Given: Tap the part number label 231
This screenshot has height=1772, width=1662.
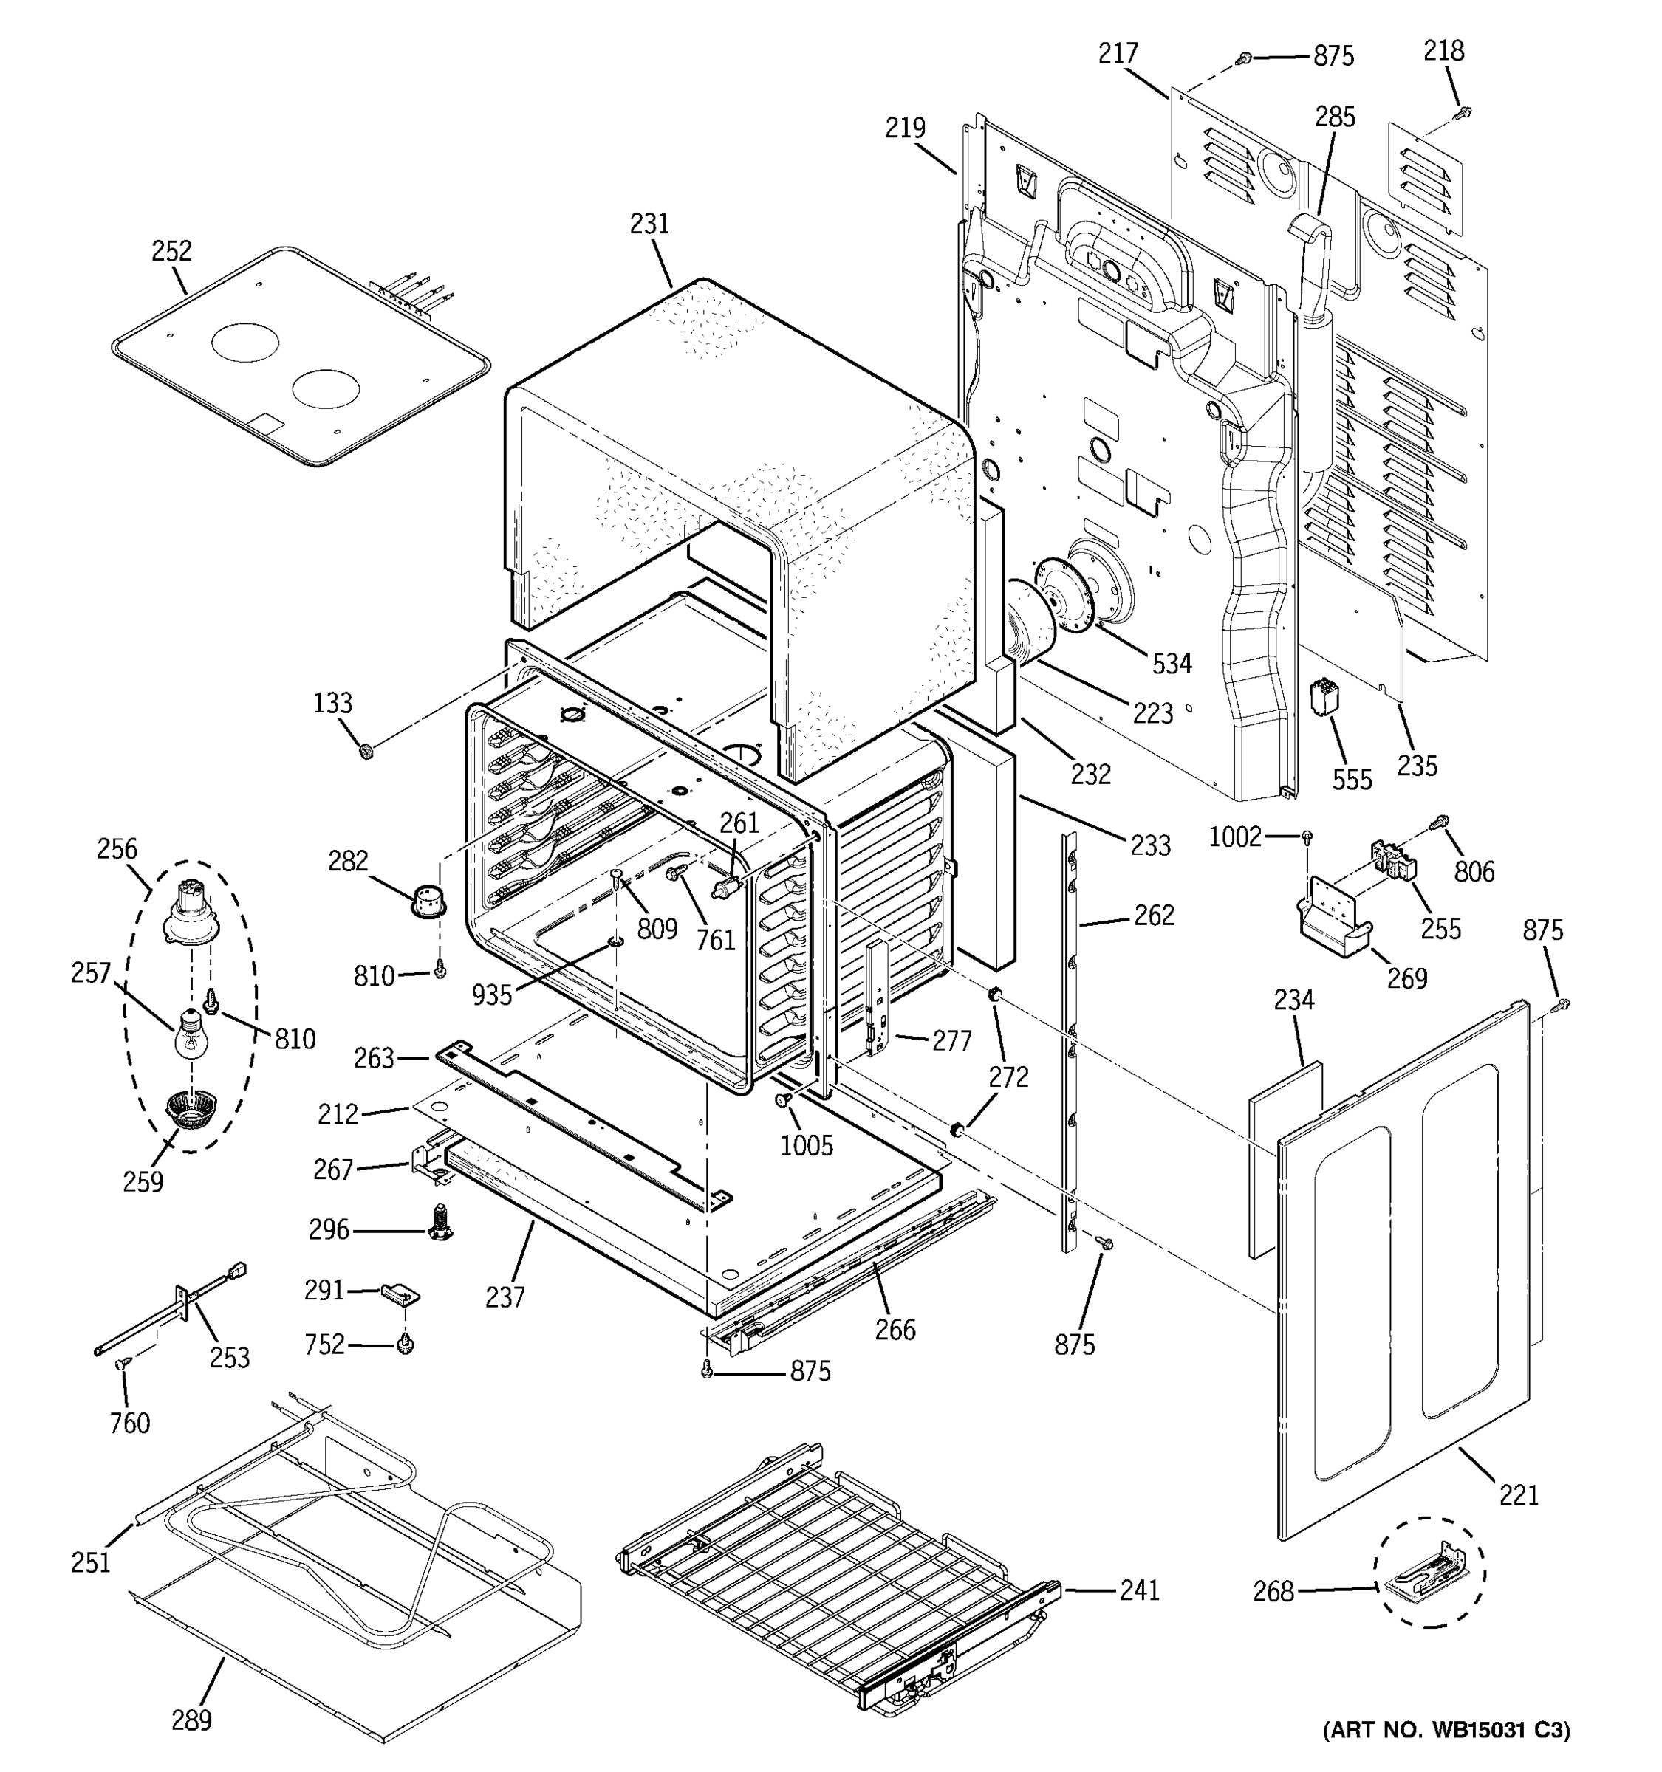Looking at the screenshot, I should pyautogui.click(x=649, y=224).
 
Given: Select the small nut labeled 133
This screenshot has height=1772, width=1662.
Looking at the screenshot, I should pyautogui.click(x=365, y=752).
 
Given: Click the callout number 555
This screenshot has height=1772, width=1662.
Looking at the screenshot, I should pyautogui.click(x=1352, y=779).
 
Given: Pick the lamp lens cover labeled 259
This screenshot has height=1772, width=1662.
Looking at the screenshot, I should pyautogui.click(x=185, y=1111).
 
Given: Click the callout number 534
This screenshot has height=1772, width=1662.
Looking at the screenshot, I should pyautogui.click(x=1172, y=663).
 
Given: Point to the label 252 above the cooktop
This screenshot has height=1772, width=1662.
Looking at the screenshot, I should pyautogui.click(x=171, y=250).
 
